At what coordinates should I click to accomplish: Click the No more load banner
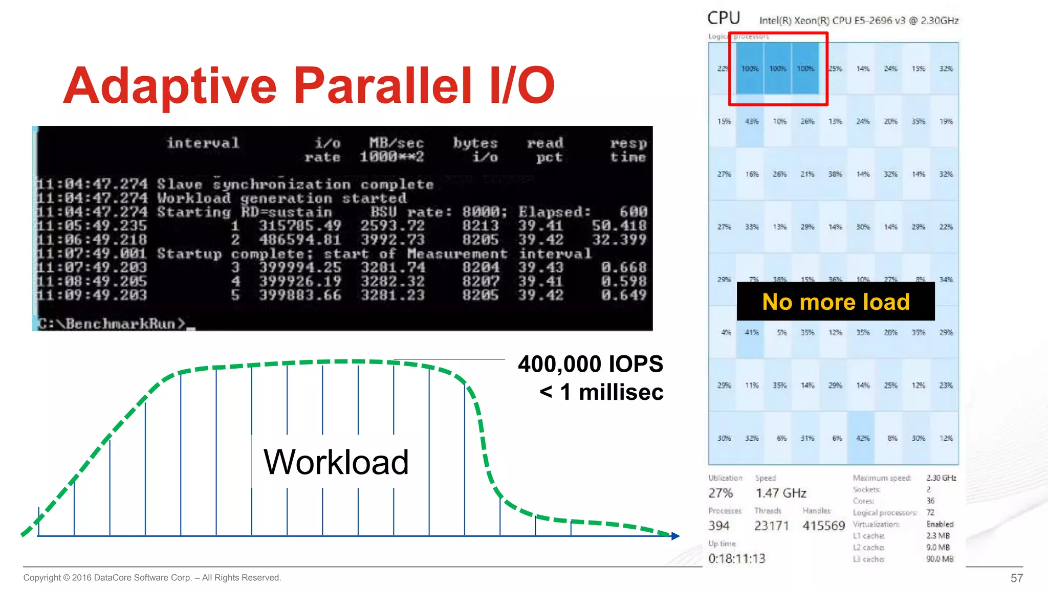coord(836,302)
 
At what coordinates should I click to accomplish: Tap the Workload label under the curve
coord(336,462)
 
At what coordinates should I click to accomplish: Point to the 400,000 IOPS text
coord(590,364)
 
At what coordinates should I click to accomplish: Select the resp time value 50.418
coord(619,225)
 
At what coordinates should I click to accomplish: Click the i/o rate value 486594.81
coord(299,240)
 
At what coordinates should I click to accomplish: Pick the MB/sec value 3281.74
coord(392,267)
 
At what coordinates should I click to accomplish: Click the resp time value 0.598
coord(623,281)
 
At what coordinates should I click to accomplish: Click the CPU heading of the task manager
coord(724,18)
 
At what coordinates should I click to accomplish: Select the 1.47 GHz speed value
coord(781,493)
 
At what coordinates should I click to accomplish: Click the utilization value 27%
coord(720,493)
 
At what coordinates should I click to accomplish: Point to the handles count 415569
coord(823,526)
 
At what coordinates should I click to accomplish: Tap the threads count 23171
coord(771,526)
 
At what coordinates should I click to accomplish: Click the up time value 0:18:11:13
coord(736,558)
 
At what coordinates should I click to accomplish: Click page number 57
coord(1016,578)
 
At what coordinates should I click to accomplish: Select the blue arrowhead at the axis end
coord(675,536)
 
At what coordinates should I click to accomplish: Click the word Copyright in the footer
coord(41,578)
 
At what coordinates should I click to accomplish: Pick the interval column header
coord(203,143)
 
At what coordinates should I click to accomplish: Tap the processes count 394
coord(718,526)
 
